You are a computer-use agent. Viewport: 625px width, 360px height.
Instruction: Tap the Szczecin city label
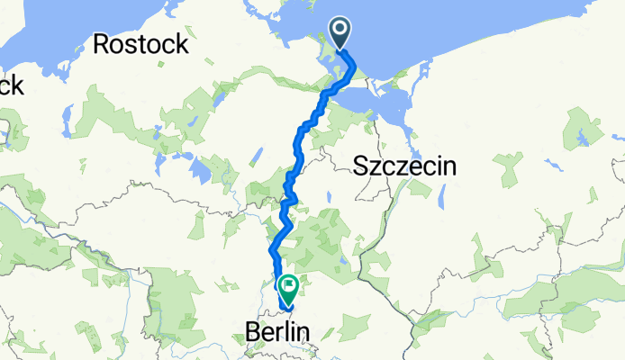(x=404, y=166)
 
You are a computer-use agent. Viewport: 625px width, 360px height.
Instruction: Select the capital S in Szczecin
(x=360, y=166)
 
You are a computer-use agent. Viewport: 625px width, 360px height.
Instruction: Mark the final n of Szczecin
(x=450, y=166)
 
